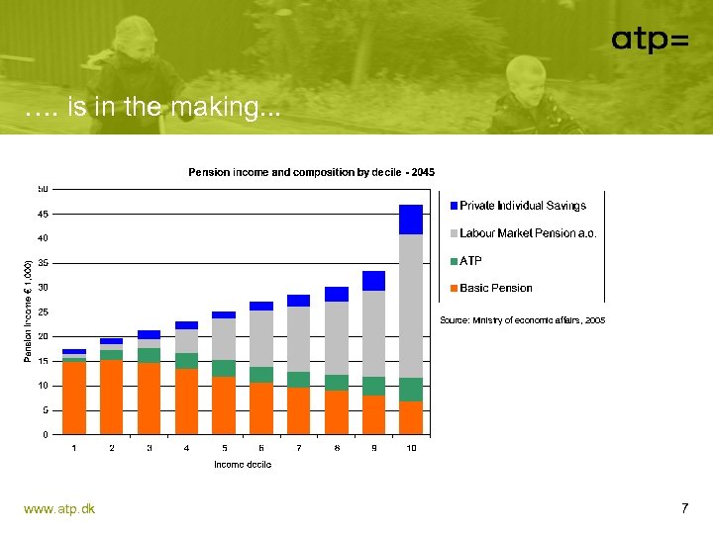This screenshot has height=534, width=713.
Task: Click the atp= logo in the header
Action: pos(649,40)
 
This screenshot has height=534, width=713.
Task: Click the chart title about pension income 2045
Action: pos(311,172)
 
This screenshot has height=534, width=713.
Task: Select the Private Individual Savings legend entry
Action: pos(522,206)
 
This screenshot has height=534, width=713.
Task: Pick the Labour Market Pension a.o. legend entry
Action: pos(527,233)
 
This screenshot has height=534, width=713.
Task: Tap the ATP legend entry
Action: pos(470,261)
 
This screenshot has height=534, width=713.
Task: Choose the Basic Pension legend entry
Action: pos(495,289)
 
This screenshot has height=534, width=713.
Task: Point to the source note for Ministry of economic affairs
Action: pos(522,320)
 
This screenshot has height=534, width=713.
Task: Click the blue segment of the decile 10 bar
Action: pos(411,220)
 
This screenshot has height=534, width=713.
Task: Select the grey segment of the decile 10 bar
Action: pos(411,306)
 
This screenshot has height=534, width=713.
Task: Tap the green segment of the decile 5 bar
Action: pos(224,368)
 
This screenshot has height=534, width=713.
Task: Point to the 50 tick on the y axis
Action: pos(44,189)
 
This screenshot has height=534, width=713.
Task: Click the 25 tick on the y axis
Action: pos(44,311)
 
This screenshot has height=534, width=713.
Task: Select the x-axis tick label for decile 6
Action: pos(261,448)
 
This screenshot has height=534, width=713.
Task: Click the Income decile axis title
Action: pos(243,464)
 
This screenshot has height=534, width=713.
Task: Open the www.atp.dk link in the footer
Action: pos(59,508)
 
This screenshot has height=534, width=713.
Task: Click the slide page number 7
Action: pos(684,508)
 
